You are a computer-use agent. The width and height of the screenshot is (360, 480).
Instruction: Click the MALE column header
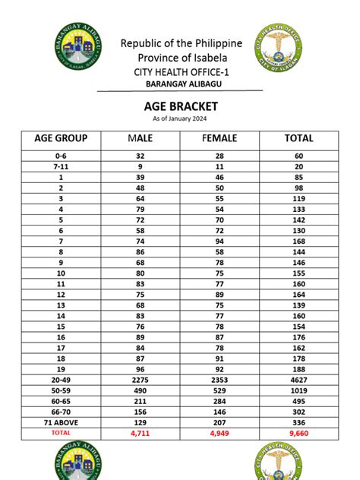tap(141, 138)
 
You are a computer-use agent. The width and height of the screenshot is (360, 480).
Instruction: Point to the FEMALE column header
tap(219, 138)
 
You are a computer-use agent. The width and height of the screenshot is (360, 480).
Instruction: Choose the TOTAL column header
tap(298, 138)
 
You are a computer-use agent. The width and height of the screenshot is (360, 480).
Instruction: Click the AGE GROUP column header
tap(61, 138)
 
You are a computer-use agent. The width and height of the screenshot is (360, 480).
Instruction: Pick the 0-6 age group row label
tap(61, 156)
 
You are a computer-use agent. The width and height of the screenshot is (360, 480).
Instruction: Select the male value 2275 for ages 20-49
tap(141, 378)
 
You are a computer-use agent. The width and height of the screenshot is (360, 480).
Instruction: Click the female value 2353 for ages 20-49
tap(219, 378)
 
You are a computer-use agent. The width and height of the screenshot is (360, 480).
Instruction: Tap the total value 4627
tap(298, 378)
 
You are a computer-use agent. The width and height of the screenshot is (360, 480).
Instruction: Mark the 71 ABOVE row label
tap(61, 421)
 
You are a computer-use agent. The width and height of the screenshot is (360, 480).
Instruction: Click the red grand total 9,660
tap(298, 432)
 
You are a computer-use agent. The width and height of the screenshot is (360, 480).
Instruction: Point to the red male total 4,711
tap(141, 432)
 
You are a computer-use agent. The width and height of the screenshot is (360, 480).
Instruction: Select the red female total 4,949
tap(219, 432)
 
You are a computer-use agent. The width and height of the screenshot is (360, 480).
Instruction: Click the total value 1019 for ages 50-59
tap(298, 389)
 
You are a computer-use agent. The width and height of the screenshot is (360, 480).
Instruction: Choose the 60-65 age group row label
tap(61, 399)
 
